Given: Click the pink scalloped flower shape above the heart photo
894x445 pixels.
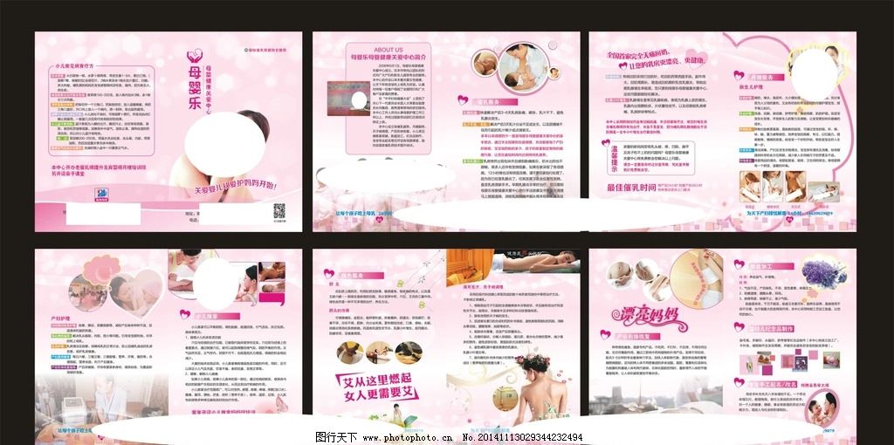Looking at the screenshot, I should pyautogui.click(x=98, y=264).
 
